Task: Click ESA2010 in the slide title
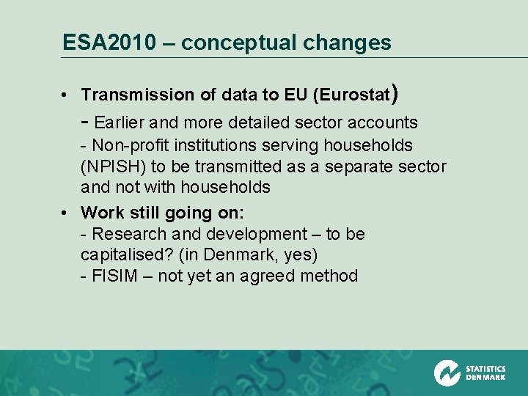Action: click(109, 43)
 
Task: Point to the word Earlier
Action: click(121, 122)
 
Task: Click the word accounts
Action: click(386, 122)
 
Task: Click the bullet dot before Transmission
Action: click(65, 95)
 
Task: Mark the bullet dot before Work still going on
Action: click(65, 213)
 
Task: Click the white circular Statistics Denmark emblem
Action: click(447, 373)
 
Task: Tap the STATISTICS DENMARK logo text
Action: click(485, 373)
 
